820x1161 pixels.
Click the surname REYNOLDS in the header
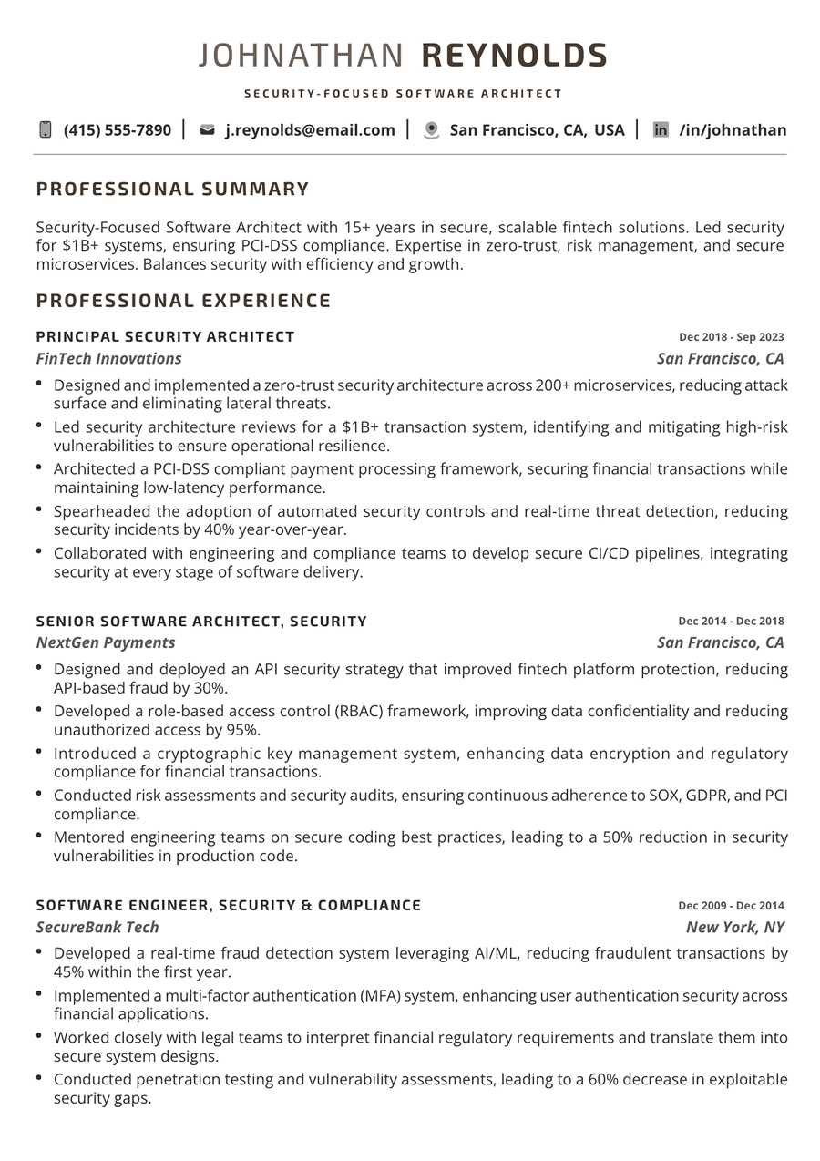tap(514, 56)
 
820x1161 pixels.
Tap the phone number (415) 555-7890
tap(117, 130)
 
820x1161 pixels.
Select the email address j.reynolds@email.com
tap(310, 130)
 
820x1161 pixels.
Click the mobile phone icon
tap(46, 130)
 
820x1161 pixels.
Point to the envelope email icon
tap(207, 130)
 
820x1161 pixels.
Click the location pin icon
tap(432, 130)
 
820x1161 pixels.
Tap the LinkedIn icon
tap(661, 130)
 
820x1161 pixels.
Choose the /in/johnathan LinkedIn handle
tap(733, 130)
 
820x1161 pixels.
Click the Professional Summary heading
tap(173, 190)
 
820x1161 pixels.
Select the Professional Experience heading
tap(184, 301)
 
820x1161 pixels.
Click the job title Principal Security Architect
tap(166, 337)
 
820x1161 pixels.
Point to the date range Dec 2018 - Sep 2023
tap(731, 337)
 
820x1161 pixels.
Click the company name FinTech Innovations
tap(109, 359)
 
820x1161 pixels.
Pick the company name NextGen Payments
tap(106, 643)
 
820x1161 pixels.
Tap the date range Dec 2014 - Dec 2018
tap(731, 622)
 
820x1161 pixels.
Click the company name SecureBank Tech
tap(97, 928)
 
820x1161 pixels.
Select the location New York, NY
tap(734, 928)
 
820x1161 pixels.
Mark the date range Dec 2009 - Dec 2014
tap(731, 906)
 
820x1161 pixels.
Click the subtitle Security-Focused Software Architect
tap(403, 94)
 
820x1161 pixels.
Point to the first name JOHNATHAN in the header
tap(301, 56)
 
